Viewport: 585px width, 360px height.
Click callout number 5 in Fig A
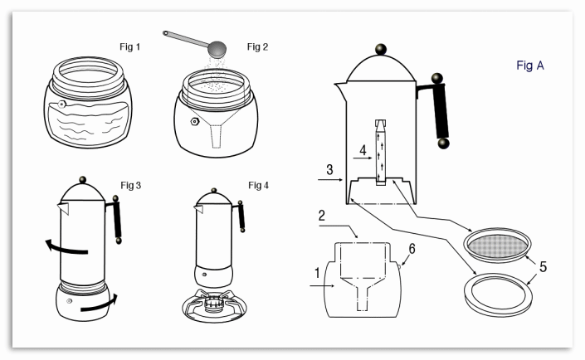tap(543, 267)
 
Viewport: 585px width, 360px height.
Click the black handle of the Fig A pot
tap(441, 112)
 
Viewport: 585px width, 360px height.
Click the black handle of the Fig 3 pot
tap(117, 221)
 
